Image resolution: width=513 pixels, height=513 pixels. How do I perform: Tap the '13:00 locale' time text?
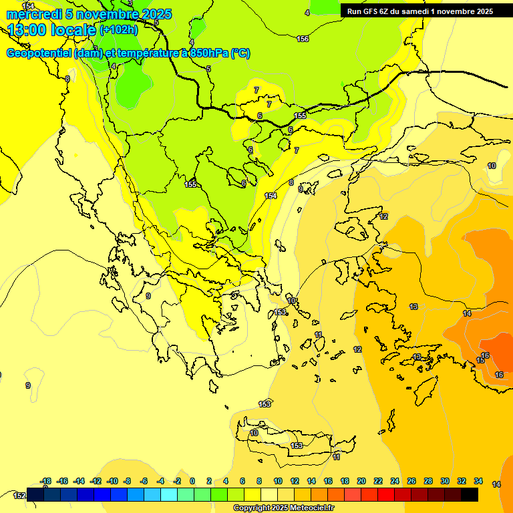52,29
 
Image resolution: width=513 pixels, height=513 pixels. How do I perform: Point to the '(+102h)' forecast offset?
119,29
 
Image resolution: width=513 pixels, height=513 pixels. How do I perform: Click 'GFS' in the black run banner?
369,11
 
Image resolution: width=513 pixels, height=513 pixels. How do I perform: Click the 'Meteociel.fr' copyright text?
309,508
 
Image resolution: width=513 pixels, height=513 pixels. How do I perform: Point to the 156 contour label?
303,39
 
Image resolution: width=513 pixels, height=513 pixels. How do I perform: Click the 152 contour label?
19,496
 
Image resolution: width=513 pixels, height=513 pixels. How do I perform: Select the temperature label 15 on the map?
480,361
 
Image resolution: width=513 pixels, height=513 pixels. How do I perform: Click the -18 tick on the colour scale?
46,481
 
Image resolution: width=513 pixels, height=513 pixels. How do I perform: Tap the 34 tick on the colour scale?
478,481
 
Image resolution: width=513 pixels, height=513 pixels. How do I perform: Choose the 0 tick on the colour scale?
192,481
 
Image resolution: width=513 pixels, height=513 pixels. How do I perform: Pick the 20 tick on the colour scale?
361,481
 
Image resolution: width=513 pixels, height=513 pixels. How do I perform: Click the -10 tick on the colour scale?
112,481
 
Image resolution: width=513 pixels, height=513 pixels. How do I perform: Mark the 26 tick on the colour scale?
411,481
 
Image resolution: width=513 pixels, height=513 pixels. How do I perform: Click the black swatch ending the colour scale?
470,494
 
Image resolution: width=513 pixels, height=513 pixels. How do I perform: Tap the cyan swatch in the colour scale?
169,494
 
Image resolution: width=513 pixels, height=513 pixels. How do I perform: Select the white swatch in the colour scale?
269,494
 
